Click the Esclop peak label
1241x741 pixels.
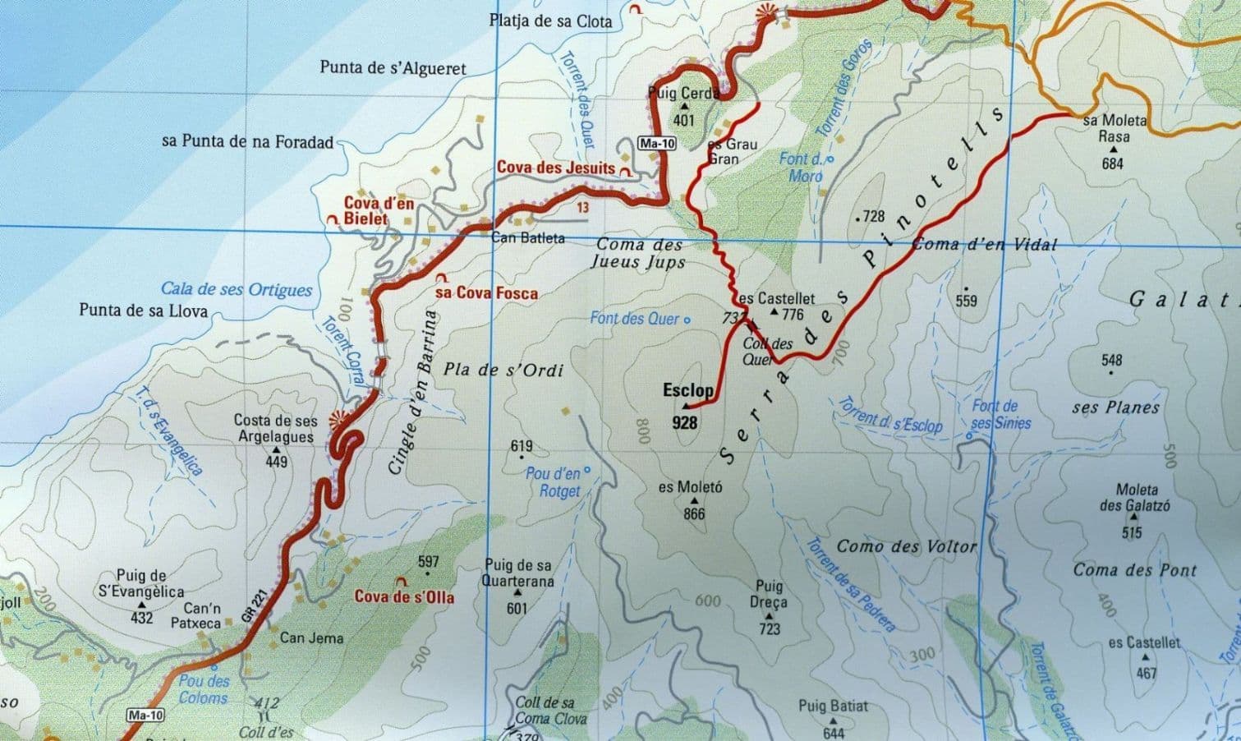point(687,391)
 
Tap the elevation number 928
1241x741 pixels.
point(684,422)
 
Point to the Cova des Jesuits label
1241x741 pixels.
point(555,168)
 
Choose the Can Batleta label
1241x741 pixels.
point(527,238)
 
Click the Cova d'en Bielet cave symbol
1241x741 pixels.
point(333,219)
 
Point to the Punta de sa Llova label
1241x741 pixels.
point(143,311)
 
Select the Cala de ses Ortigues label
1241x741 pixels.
point(237,289)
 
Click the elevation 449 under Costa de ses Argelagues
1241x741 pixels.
point(276,462)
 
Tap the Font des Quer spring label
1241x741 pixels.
point(635,318)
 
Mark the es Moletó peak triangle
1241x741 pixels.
point(695,500)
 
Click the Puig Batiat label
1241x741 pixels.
point(833,706)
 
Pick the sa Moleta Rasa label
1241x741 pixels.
point(1114,129)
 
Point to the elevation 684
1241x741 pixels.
point(1113,163)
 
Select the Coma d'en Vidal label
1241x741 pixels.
point(985,244)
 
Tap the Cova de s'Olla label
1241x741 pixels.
point(404,597)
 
